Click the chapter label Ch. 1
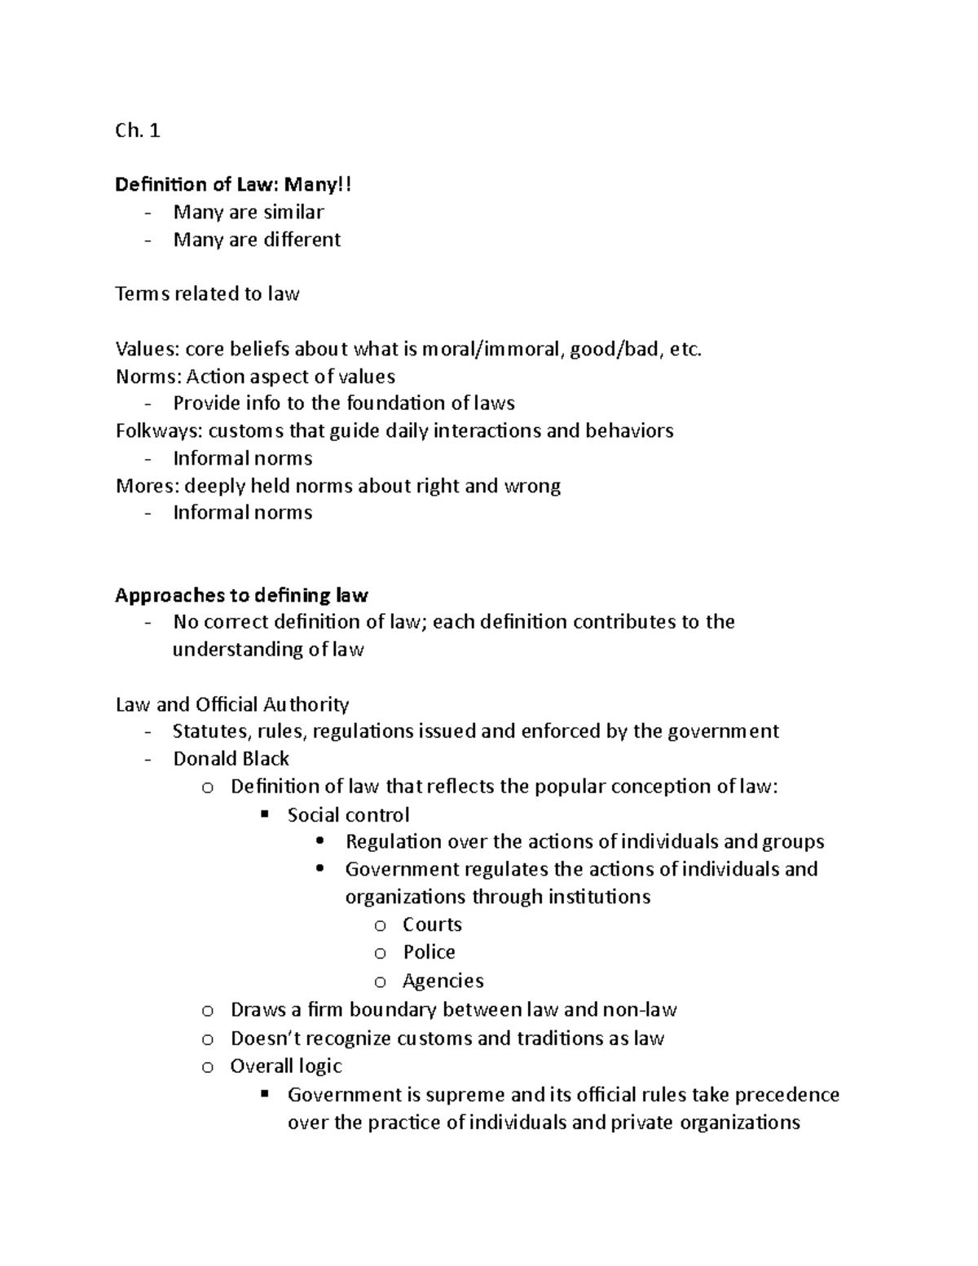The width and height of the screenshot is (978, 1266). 137,130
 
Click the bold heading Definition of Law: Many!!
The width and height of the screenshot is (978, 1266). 233,185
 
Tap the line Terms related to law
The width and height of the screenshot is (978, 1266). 207,294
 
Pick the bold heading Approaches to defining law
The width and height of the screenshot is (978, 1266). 241,595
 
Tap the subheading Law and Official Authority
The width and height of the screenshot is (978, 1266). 231,704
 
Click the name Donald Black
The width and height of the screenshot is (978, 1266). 231,759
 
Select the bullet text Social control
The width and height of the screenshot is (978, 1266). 348,815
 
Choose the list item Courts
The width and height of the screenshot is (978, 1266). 432,924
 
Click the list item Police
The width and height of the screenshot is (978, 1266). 429,952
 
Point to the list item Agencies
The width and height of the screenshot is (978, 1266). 443,981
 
